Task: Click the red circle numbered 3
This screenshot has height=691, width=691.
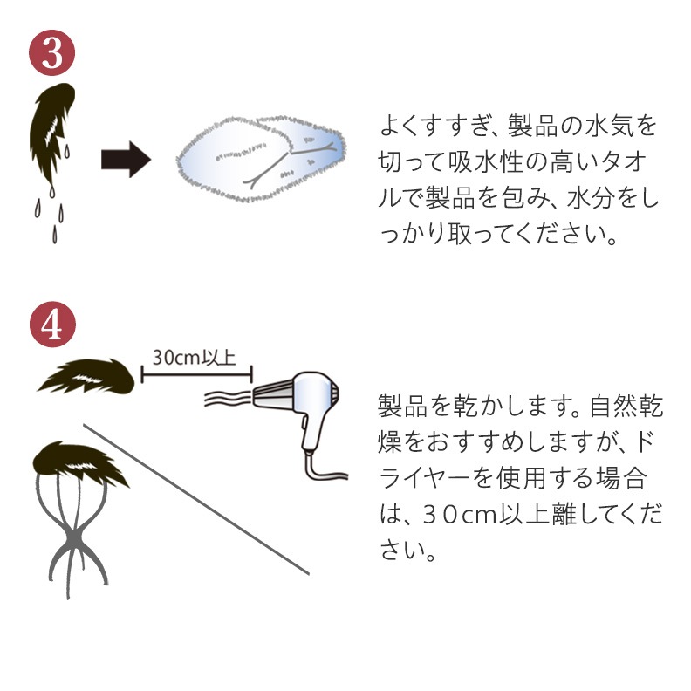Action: point(52,52)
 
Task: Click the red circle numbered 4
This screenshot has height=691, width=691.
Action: point(52,325)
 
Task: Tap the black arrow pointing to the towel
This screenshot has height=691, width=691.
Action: point(126,159)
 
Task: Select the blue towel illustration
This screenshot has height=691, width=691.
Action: point(261,159)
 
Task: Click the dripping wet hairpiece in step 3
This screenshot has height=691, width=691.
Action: point(51,133)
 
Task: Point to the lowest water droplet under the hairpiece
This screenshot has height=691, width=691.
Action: point(55,235)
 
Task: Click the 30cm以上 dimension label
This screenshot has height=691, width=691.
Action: point(195,357)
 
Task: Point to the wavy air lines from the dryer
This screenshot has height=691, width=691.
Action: point(227,397)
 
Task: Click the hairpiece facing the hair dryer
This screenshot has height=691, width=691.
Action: point(86,376)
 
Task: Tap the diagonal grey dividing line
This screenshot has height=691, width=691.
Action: point(196,499)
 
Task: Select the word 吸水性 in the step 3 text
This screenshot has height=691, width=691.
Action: point(486,161)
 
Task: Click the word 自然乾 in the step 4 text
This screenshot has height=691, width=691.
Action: point(625,406)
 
